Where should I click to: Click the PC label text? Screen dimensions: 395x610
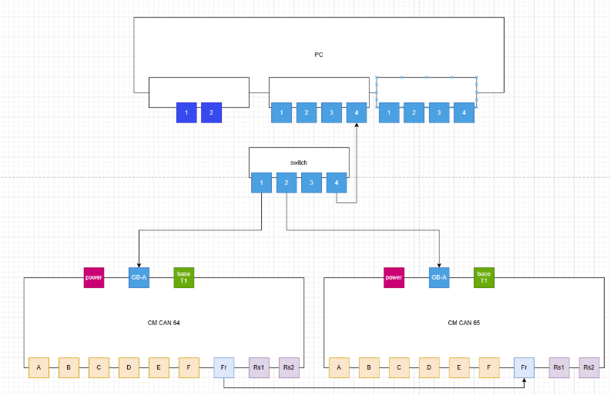coord(319,55)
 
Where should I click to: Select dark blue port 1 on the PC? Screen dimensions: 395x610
coord(186,112)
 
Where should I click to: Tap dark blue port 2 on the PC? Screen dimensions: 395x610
coord(212,112)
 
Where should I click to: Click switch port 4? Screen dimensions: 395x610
coord(336,183)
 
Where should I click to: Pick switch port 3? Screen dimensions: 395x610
coord(311,183)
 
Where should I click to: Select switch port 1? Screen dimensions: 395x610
coord(262,183)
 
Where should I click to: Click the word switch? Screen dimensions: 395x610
coord(298,163)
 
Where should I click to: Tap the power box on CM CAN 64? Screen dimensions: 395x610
coord(94,277)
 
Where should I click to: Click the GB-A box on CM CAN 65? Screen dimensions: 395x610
coord(439,277)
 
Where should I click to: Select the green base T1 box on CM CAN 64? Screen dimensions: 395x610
coord(184,277)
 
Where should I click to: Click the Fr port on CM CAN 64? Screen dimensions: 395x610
coord(223,368)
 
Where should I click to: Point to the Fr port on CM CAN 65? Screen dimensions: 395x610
coord(524,368)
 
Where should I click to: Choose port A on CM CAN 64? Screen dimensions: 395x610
coord(39,368)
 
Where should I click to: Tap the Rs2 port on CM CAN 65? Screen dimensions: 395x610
coord(589,368)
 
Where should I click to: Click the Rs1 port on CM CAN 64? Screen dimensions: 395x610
coord(259,368)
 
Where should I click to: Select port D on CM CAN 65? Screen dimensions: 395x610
coord(430,368)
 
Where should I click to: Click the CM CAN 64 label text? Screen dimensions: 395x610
coord(163,323)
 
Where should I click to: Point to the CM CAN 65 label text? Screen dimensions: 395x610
coord(464,323)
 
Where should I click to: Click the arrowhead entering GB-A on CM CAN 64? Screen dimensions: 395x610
coord(139,264)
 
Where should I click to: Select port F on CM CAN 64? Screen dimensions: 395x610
coord(189,368)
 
